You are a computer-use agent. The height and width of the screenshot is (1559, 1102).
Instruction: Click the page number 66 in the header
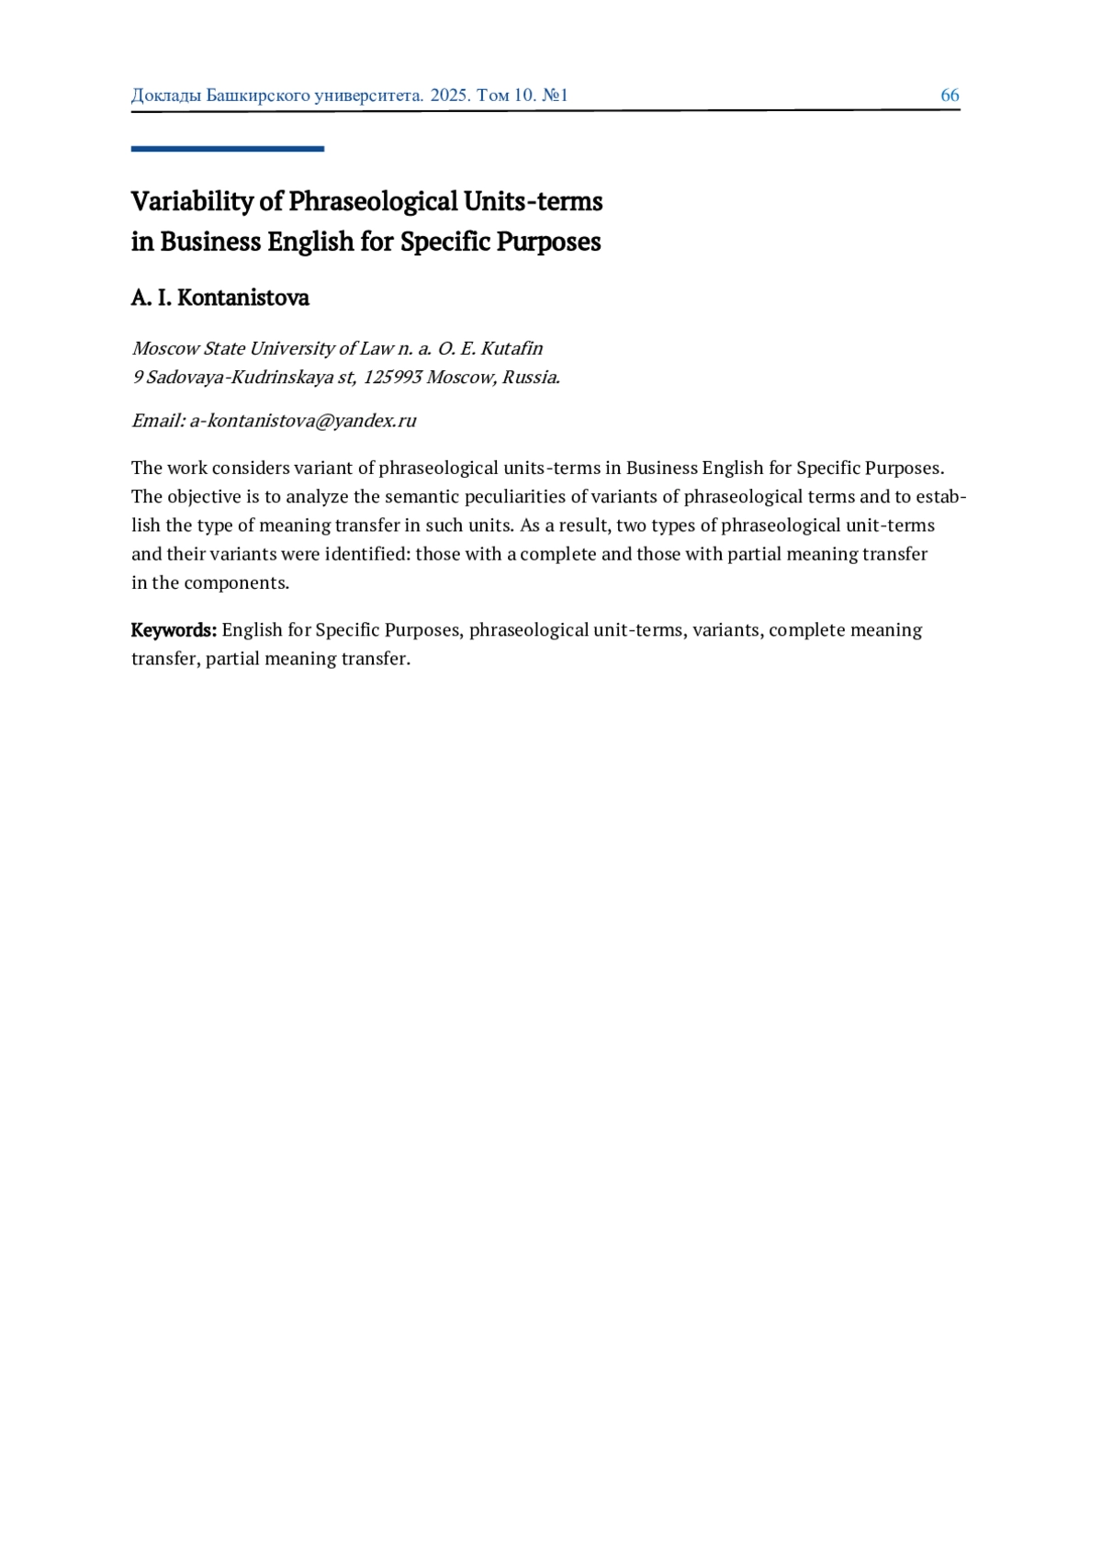pos(950,96)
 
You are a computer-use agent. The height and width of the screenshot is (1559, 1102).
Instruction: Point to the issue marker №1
pos(555,96)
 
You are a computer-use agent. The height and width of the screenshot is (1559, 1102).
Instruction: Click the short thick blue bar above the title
pos(227,148)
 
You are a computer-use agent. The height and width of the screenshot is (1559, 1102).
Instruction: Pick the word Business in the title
pos(210,242)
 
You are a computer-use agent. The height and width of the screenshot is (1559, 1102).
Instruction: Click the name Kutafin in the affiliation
pos(512,348)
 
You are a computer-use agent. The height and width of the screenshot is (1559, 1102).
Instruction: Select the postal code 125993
pos(392,377)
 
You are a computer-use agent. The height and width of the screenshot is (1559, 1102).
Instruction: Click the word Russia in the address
pos(530,377)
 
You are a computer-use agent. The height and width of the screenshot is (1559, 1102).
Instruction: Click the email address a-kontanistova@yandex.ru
pos(302,421)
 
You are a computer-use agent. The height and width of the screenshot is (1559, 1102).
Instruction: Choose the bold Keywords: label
pos(174,630)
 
